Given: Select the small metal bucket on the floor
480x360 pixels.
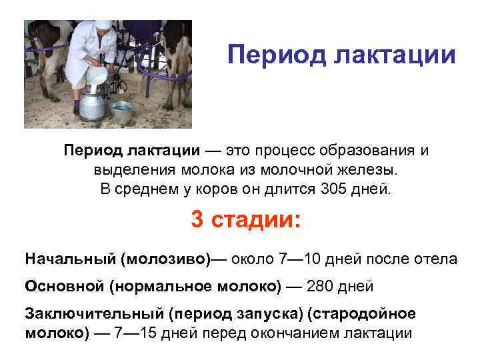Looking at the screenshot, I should coord(122,113).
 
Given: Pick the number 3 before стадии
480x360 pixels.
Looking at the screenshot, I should coord(198,219).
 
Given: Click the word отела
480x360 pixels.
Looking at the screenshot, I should coord(436,259).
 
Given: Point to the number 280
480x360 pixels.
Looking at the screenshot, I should coord(321,286).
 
